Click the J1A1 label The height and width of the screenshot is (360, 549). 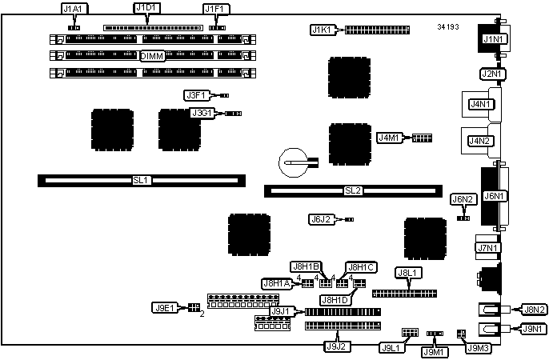pos(76,9)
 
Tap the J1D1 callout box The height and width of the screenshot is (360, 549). pos(146,9)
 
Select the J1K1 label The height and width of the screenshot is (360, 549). pos(322,30)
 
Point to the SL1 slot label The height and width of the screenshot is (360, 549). pos(141,181)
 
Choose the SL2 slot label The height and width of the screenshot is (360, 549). pos(353,190)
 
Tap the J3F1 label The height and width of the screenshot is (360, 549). pos(196,95)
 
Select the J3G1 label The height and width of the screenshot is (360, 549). pos(201,114)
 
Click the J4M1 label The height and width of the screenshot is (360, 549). pos(390,138)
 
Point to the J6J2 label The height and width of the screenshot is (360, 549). pos(321,218)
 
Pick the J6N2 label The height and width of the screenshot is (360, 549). pos(464,199)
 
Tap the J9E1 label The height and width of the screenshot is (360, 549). pos(163,307)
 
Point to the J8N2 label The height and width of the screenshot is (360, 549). pos(533,309)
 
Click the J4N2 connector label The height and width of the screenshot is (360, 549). pos(481,142)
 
